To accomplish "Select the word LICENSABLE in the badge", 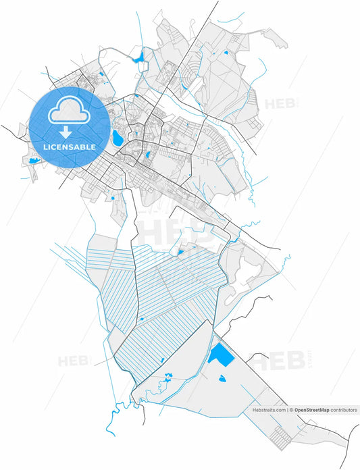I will (70, 147).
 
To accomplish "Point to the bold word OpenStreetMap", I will (311, 410).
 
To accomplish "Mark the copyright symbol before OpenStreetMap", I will (291, 410).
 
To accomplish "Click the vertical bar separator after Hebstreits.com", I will (286, 410).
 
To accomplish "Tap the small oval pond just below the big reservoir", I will (222, 378).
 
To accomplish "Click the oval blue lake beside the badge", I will (118, 138).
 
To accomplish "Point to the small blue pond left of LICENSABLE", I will (34, 161).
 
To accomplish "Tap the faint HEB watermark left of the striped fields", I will (73, 361).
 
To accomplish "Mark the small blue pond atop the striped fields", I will (180, 253).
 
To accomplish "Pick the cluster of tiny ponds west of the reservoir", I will (165, 382).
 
